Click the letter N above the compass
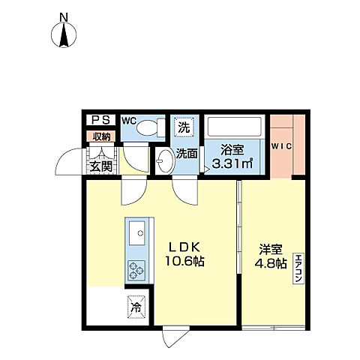64,16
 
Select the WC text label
129,120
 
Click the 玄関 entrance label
101,166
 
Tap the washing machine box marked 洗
184,128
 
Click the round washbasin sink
165,158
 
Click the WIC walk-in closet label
281,145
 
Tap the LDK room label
182,247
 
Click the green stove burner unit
137,269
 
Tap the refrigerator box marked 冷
136,307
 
